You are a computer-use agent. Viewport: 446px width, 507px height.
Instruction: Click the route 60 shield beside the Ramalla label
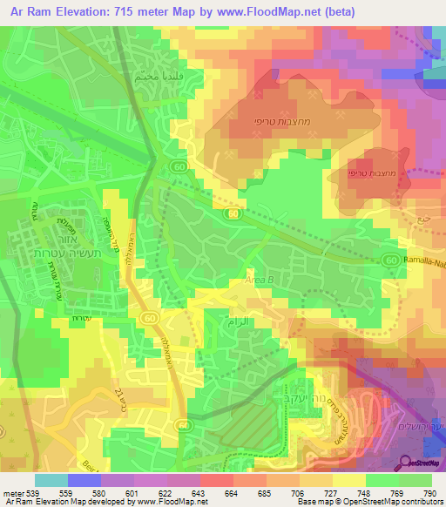pos(391,259)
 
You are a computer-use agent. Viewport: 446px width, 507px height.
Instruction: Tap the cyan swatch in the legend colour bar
pos(51,480)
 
